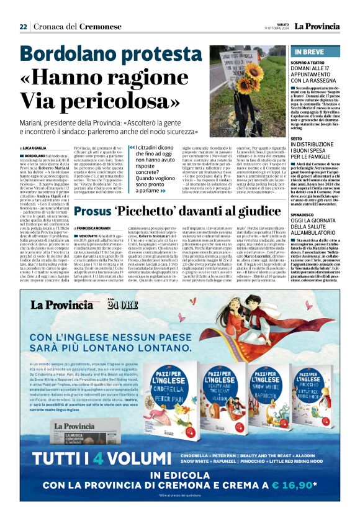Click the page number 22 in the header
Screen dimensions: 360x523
(23, 26)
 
